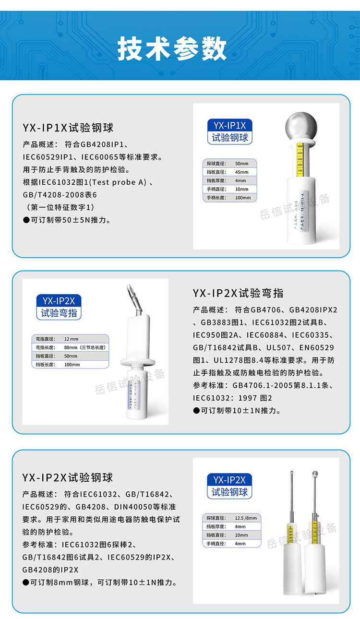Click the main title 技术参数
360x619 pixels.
[x=172, y=48]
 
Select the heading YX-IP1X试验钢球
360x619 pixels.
[x=68, y=128]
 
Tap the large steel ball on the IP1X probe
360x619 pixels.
[x=301, y=126]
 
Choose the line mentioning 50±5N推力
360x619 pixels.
[x=67, y=220]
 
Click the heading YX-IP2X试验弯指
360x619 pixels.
[x=238, y=293]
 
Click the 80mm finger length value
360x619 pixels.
[x=71, y=347]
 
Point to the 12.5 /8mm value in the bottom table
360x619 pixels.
[x=245, y=518]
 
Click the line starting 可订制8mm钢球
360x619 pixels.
[x=100, y=582]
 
